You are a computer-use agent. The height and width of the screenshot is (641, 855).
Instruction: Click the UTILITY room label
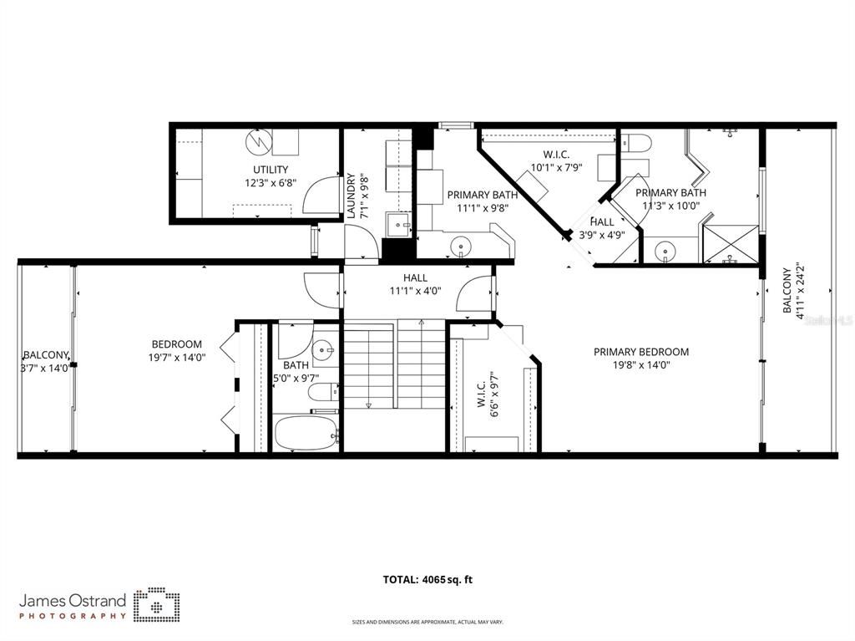[266, 170]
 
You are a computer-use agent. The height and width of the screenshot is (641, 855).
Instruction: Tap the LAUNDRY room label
[351, 196]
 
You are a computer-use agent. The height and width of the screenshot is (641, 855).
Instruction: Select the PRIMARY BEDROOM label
[640, 352]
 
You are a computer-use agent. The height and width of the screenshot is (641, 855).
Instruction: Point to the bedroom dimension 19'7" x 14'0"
[176, 357]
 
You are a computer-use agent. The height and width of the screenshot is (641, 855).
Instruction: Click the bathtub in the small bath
[306, 433]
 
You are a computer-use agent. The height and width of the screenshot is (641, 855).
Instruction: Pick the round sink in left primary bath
[460, 247]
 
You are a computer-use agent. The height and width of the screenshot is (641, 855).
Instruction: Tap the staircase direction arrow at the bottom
[368, 405]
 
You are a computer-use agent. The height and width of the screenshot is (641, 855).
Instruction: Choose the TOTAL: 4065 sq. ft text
[433, 579]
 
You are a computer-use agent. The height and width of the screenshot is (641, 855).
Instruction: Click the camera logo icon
[156, 605]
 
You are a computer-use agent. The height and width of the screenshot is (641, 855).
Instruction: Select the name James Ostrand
[73, 600]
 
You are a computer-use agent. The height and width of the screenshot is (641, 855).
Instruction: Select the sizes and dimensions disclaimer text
[427, 622]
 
